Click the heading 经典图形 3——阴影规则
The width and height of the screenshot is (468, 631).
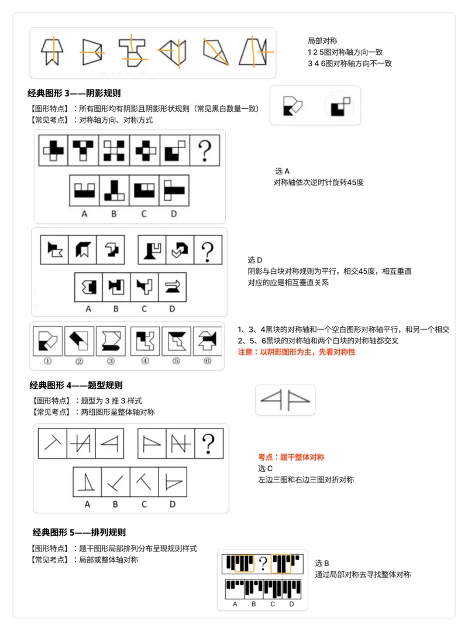[x=74, y=93]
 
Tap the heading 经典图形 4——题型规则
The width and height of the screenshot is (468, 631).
[x=76, y=385]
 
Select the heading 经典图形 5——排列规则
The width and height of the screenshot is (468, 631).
[x=79, y=532]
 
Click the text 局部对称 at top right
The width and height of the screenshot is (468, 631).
[x=322, y=40]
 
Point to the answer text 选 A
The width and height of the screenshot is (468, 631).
[x=282, y=171]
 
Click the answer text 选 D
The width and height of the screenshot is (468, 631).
[x=255, y=260]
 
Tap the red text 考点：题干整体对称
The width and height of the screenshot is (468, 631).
[x=291, y=457]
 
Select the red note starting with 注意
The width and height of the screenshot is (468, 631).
[x=297, y=352]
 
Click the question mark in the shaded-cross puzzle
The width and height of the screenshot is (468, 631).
[x=204, y=151]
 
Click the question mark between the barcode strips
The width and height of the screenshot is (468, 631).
[x=263, y=564]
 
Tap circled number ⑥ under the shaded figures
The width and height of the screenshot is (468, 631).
[x=208, y=361]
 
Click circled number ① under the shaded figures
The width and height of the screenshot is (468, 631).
[x=48, y=361]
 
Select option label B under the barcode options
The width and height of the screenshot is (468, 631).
[x=253, y=603]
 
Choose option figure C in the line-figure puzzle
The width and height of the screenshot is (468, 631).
[x=144, y=482]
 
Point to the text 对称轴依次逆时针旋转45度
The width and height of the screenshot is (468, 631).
[x=318, y=183]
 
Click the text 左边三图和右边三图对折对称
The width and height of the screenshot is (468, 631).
[x=305, y=479]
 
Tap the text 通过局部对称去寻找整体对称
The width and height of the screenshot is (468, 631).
[x=363, y=574]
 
